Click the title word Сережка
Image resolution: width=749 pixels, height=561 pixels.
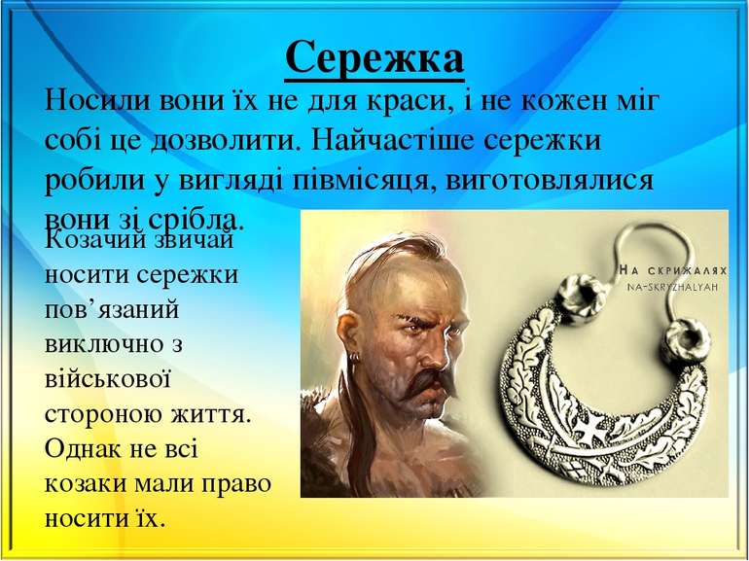coord(374,58)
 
